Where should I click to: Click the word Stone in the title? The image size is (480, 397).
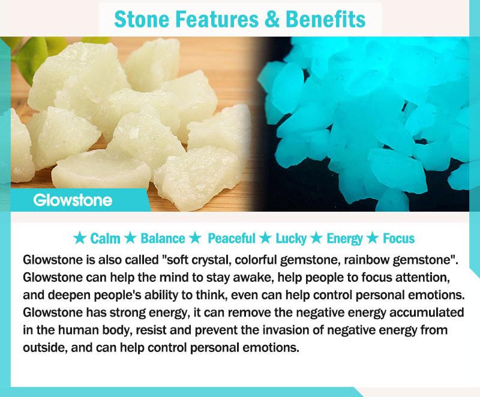[x=142, y=19]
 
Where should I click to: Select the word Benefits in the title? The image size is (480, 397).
[x=325, y=19]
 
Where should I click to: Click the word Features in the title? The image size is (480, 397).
[x=217, y=19]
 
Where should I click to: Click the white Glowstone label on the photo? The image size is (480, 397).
[x=73, y=200]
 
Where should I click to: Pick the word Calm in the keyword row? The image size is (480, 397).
[x=106, y=239]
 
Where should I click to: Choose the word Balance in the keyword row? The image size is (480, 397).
[x=163, y=239]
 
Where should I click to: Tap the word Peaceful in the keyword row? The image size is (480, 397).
[x=232, y=239]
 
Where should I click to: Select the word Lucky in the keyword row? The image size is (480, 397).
[x=291, y=239]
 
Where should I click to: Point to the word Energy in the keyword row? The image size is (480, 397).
[x=344, y=239]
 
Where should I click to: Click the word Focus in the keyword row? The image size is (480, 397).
[x=399, y=239]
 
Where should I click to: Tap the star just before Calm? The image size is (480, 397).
[x=80, y=238]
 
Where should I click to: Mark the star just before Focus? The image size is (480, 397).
[x=373, y=238]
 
